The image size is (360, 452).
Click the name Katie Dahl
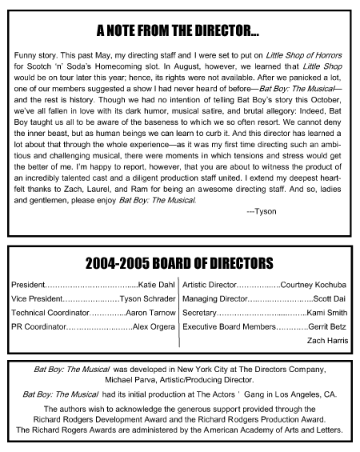(x=157, y=284)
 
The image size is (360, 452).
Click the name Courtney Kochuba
(x=314, y=284)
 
